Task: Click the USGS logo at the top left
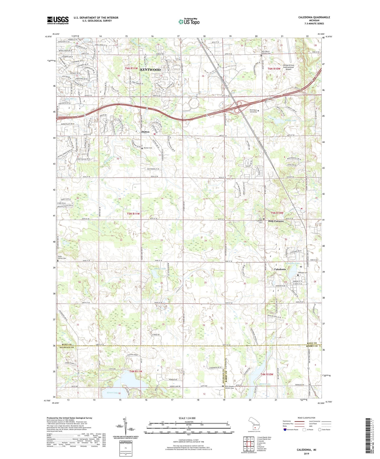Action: (x=58, y=20)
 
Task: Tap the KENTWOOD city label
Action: (x=150, y=70)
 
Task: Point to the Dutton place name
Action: (x=145, y=132)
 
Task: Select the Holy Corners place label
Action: (x=276, y=221)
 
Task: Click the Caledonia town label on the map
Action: (x=280, y=269)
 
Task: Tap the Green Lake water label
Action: (x=112, y=393)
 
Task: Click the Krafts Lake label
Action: (x=283, y=120)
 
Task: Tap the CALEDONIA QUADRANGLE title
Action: (x=314, y=17)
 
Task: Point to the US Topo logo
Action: (x=189, y=22)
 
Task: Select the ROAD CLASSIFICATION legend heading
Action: (x=306, y=418)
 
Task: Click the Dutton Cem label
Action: (x=148, y=148)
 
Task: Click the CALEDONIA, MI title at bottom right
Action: (x=306, y=450)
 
